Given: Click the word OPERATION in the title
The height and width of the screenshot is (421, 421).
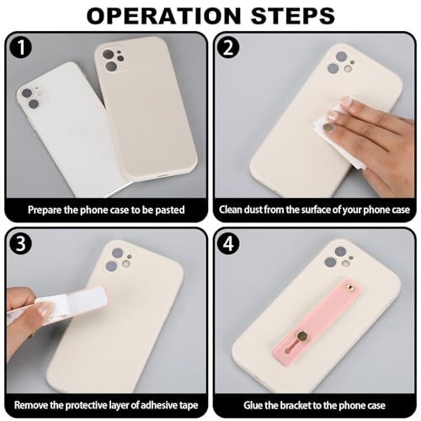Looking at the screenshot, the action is [x=164, y=16].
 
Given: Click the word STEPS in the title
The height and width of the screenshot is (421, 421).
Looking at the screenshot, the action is [x=293, y=16].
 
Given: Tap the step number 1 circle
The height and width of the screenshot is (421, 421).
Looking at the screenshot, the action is [x=21, y=48].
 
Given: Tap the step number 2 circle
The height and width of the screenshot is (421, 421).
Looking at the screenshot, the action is [x=229, y=48].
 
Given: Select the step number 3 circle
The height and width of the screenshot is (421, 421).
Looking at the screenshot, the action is [x=21, y=243].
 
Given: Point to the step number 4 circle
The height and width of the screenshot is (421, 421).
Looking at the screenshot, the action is [x=229, y=243].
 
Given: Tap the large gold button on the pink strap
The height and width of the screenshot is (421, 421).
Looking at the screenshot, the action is [x=302, y=335].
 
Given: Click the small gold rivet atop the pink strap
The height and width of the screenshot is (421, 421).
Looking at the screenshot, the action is [x=350, y=286].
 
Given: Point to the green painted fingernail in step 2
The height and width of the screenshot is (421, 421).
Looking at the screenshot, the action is [x=327, y=128].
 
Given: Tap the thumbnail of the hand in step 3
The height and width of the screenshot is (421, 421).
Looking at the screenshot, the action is [x=44, y=311].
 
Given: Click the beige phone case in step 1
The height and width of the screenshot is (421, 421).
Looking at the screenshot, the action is [x=145, y=107].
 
